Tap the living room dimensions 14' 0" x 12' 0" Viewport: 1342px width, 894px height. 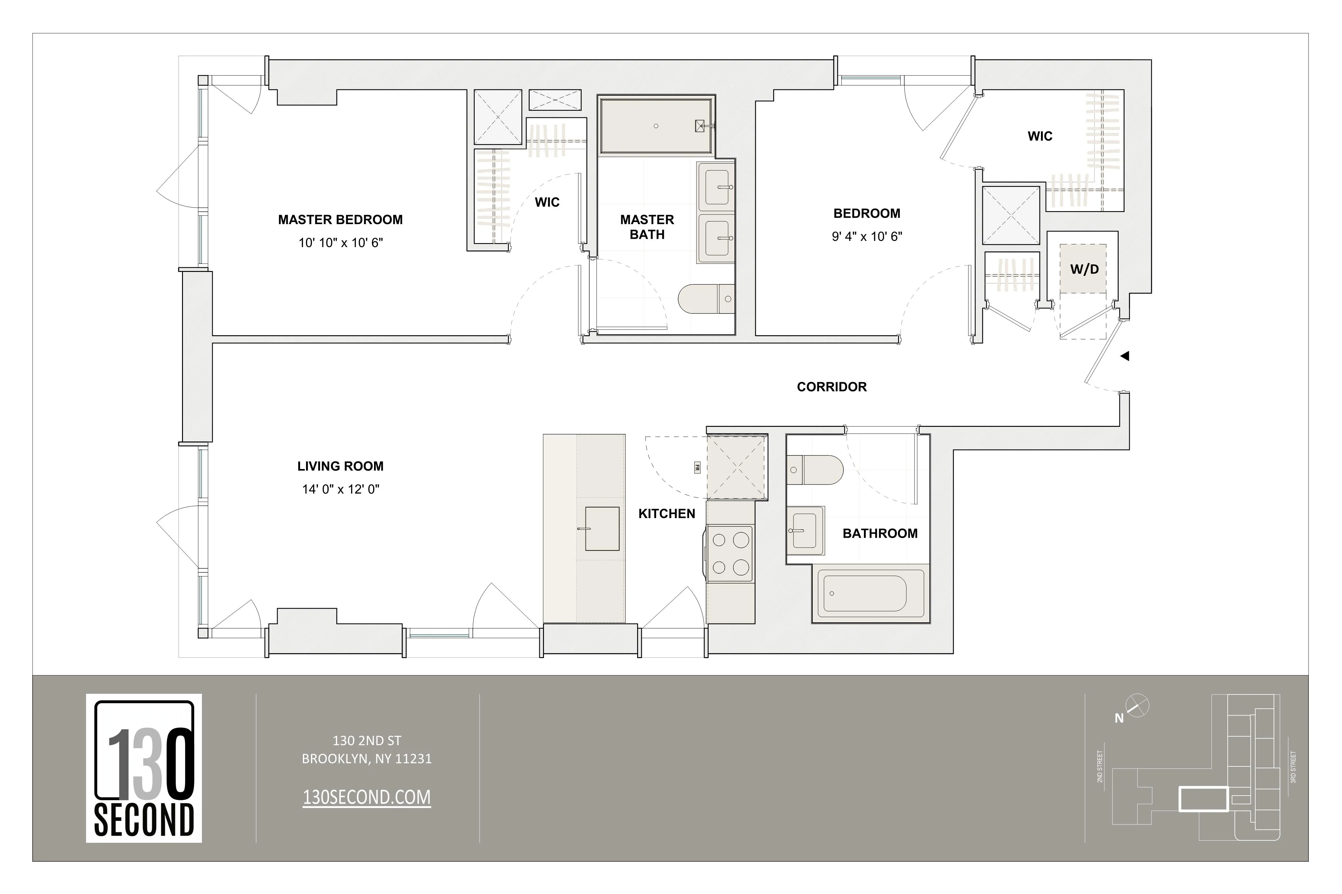tap(341, 489)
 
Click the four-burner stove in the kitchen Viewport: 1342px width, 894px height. tap(730, 553)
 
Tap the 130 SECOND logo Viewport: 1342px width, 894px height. tap(144, 768)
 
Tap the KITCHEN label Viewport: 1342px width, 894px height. tap(666, 514)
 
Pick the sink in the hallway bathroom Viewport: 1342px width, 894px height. tap(805, 530)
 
